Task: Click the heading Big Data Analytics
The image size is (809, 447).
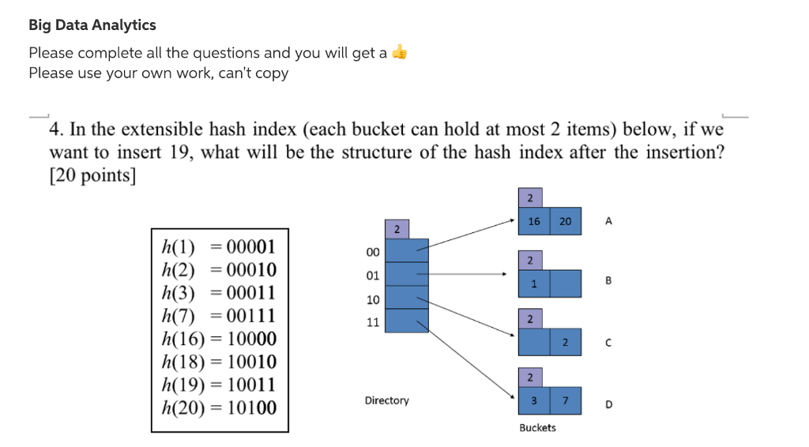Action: [92, 25]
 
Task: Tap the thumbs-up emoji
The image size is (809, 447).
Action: [401, 53]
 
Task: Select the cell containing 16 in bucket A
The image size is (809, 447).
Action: [534, 222]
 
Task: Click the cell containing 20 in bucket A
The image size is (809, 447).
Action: [565, 222]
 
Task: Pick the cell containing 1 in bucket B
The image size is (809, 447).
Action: [534, 283]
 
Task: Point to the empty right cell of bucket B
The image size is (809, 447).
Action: [565, 283]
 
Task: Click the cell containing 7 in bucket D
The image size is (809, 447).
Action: [565, 401]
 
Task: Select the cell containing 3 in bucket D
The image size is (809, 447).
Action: [534, 401]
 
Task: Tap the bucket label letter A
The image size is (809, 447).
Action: [608, 222]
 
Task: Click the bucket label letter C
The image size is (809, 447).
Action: [608, 343]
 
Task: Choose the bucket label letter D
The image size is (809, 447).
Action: [608, 404]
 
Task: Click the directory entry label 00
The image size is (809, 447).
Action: [372, 252]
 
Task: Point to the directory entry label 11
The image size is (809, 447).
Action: [372, 322]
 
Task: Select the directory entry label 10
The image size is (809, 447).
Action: [372, 299]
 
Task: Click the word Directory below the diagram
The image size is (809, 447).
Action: [386, 400]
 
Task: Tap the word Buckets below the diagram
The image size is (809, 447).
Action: [537, 427]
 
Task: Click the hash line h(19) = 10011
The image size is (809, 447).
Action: [219, 385]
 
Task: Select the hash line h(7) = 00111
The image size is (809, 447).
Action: [219, 316]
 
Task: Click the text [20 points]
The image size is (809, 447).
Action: [92, 175]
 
